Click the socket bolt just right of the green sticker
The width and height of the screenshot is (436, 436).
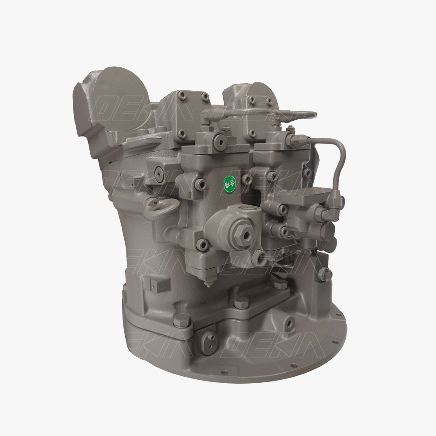247,178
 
